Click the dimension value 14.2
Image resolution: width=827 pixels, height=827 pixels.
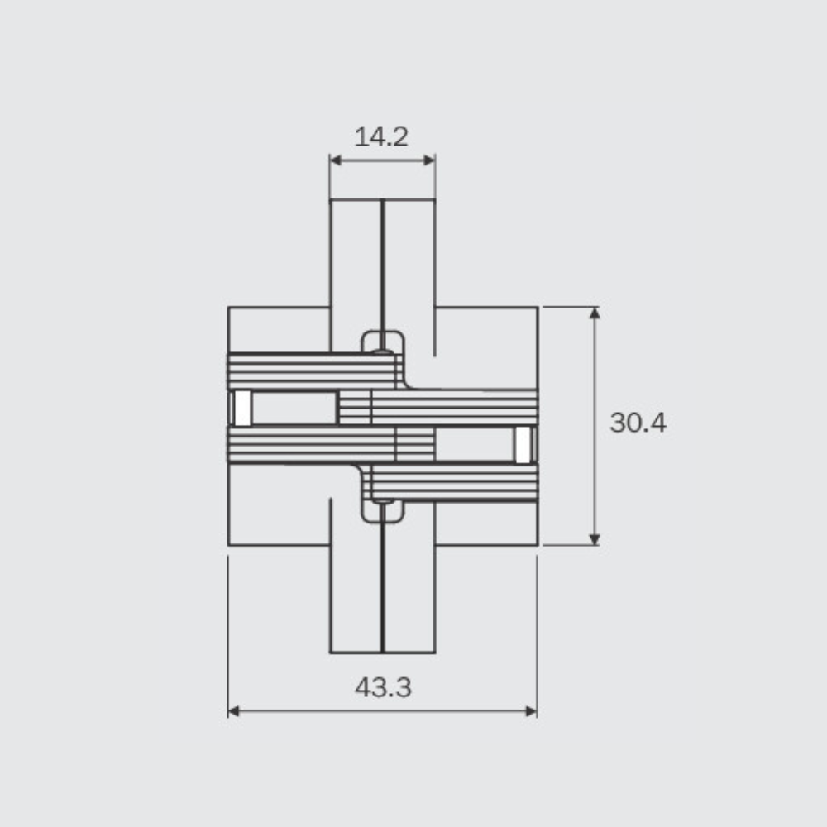[x=381, y=137]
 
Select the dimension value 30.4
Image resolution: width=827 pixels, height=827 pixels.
[x=638, y=423]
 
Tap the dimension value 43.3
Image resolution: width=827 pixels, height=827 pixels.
[x=383, y=687]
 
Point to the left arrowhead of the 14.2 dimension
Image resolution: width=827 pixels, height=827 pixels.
[x=335, y=160]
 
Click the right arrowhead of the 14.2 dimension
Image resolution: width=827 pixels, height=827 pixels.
[x=429, y=160]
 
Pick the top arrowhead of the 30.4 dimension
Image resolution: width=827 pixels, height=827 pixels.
[x=595, y=313]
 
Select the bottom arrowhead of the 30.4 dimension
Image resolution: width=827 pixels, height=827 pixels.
[x=595, y=539]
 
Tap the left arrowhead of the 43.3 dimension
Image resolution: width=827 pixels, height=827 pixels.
[x=234, y=711]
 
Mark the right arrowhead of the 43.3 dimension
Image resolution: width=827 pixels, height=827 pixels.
[x=531, y=711]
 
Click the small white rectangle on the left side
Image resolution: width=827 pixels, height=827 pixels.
[x=242, y=408]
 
